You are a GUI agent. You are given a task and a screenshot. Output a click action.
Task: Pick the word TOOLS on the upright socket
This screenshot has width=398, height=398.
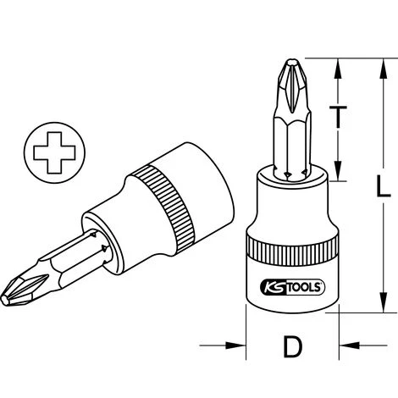pos(304,287)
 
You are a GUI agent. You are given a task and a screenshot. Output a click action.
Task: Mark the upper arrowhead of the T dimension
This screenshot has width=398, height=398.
pos(338,64)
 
